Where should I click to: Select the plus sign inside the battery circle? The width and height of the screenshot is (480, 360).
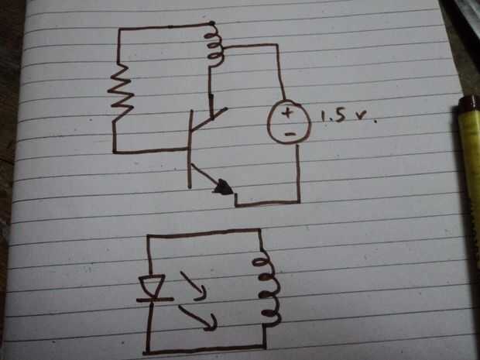pyautogui.click(x=286, y=113)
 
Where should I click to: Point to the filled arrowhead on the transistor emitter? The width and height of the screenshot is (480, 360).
pyautogui.click(x=224, y=187)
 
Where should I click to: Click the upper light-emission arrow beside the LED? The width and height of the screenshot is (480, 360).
pyautogui.click(x=193, y=286)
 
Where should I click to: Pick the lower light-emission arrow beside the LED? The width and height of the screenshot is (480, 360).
pyautogui.click(x=197, y=318)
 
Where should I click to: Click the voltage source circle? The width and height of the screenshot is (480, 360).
pyautogui.click(x=289, y=122)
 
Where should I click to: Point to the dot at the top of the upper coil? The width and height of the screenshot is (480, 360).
pyautogui.click(x=211, y=23)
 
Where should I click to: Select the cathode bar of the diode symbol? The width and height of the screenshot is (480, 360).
pyautogui.click(x=155, y=300)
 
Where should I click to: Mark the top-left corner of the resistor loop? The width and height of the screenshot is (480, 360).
pyautogui.click(x=120, y=29)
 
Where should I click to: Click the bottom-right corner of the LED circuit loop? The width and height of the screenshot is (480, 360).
pyautogui.click(x=264, y=347)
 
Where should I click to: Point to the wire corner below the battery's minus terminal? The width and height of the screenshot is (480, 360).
pyautogui.click(x=299, y=201)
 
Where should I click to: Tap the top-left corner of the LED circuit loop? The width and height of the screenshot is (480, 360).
pyautogui.click(x=149, y=236)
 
